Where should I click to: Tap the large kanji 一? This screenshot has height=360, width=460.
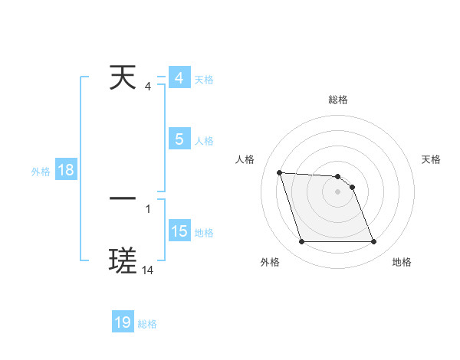click(x=123, y=198)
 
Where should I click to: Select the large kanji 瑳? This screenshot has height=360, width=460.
click(x=123, y=261)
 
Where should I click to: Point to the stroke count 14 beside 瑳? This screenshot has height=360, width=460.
click(x=148, y=270)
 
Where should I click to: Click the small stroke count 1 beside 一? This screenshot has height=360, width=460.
click(x=147, y=208)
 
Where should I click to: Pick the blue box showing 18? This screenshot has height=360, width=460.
click(x=66, y=171)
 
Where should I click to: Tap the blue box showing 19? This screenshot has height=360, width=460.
click(x=123, y=322)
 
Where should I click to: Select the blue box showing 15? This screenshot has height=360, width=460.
click(x=179, y=231)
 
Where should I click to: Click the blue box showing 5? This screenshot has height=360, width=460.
click(x=179, y=139)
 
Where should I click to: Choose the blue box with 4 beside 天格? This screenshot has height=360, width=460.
click(x=179, y=78)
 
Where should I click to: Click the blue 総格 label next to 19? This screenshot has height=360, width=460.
click(x=147, y=324)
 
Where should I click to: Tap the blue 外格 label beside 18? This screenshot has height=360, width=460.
click(x=41, y=172)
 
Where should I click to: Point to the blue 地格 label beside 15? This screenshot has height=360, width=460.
click(x=204, y=233)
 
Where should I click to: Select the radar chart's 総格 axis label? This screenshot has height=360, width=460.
click(x=338, y=100)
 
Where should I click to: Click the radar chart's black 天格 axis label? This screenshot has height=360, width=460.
click(x=432, y=159)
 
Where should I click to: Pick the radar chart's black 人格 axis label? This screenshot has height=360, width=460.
click(x=245, y=159)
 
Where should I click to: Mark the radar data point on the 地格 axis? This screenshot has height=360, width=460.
click(x=373, y=242)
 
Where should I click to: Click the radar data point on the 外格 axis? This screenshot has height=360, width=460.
click(x=301, y=242)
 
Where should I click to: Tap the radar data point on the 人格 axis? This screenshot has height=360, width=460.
click(x=280, y=172)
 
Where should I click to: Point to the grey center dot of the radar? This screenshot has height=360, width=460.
click(x=337, y=191)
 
